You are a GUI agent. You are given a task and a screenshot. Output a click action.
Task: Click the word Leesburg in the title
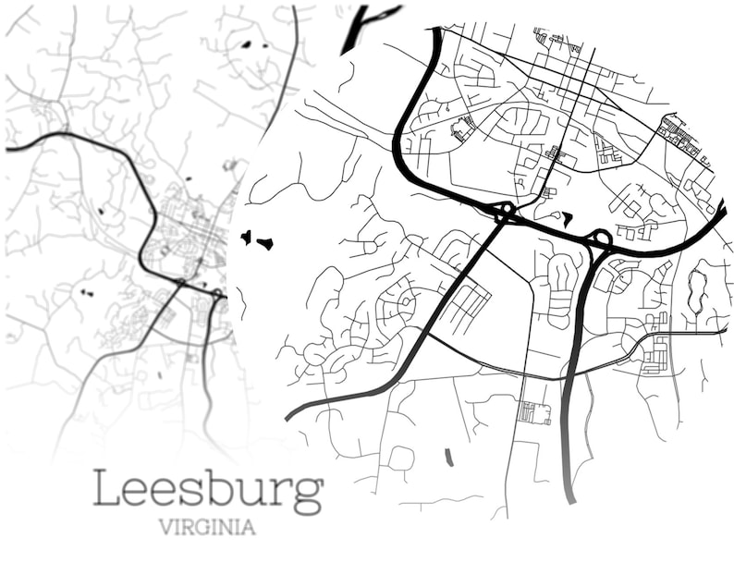(x=208, y=491)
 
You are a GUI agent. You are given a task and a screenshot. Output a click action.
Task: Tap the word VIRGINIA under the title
(x=207, y=529)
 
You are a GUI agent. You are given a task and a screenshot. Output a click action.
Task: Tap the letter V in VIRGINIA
(x=165, y=529)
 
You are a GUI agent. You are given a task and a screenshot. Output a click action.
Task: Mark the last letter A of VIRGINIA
(x=248, y=529)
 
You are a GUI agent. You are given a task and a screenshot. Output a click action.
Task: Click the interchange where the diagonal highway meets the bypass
(x=505, y=213)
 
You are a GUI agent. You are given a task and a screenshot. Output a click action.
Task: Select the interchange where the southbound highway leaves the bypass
(x=598, y=240)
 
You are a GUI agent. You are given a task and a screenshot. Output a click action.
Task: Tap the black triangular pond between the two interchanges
(x=566, y=219)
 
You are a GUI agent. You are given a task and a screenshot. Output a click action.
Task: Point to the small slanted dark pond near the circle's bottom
(x=449, y=457)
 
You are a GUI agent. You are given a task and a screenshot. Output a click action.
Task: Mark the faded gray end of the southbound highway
(x=569, y=490)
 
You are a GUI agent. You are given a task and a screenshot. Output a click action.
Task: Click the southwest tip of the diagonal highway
(x=290, y=416)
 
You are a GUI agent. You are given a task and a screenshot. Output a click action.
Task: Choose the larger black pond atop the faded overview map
(x=247, y=43)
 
